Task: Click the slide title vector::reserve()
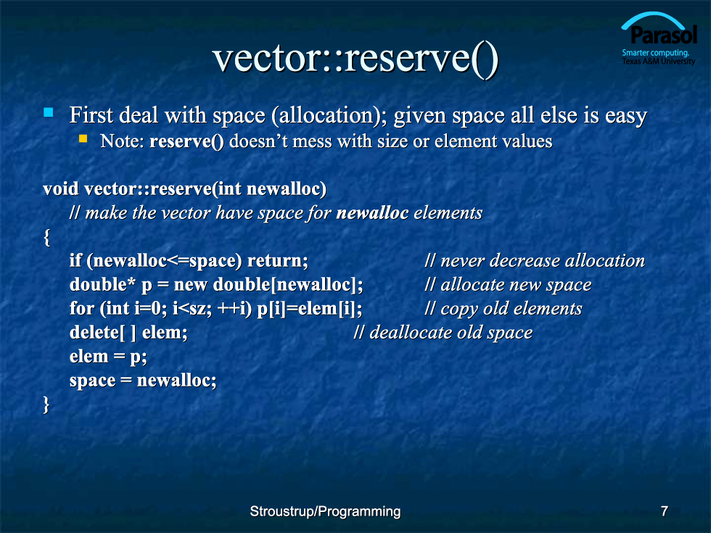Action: pos(355,59)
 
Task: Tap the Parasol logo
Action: pos(659,38)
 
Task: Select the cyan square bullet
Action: pos(48,112)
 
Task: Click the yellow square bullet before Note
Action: pos(83,139)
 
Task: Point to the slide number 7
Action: pos(665,511)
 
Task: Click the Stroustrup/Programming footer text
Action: pos(325,511)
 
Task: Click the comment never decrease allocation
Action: pos(535,260)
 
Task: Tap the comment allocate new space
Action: pos(508,284)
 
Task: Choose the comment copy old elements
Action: pos(504,309)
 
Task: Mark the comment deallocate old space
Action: pos(443,333)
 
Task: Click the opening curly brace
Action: pos(46,237)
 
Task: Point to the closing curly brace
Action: pos(46,405)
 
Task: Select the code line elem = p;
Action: pos(108,357)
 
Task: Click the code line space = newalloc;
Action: pos(143,380)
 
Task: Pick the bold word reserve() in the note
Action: pos(186,141)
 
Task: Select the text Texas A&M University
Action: pos(659,61)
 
